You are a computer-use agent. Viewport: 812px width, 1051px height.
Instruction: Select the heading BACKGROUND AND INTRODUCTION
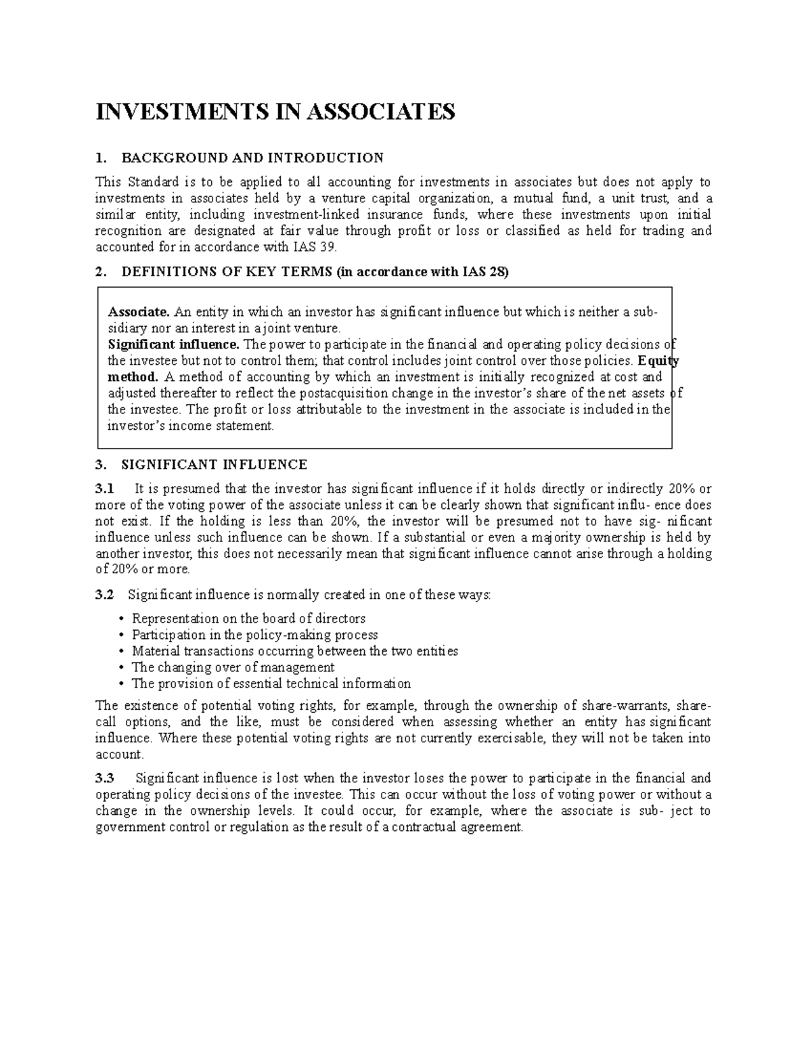(252, 158)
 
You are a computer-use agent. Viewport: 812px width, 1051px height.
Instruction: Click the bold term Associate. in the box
(139, 312)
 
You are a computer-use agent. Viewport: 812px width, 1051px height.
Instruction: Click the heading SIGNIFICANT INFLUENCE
(214, 465)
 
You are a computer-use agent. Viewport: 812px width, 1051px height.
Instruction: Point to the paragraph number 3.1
(106, 489)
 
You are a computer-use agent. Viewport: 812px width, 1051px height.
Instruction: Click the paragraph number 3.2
(106, 595)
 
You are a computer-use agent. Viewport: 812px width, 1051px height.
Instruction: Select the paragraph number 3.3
(106, 778)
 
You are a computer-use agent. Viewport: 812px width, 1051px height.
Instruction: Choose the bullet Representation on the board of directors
(248, 619)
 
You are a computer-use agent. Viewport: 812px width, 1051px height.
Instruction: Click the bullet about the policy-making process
(254, 635)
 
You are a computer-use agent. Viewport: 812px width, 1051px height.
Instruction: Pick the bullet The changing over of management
(233, 667)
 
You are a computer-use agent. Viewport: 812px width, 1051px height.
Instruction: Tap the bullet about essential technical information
(271, 684)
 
